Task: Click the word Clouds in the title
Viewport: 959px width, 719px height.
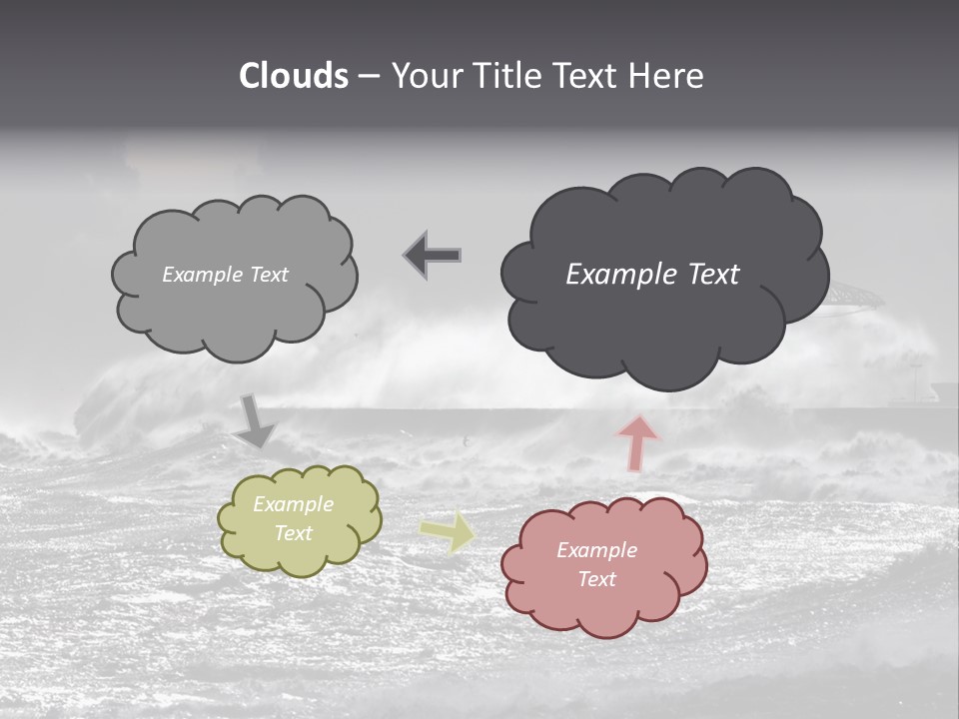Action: [293, 76]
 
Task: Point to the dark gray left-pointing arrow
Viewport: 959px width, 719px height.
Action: [433, 255]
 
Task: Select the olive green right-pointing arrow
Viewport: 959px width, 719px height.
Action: [449, 531]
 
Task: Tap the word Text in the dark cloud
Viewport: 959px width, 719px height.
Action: [713, 275]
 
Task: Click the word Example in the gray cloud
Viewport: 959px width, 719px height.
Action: [201, 275]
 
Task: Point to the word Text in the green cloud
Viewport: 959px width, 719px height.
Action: [294, 533]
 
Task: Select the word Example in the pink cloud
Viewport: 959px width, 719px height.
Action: [596, 550]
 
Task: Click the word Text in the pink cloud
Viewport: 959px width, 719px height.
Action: [597, 579]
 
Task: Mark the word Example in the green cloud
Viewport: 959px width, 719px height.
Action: [293, 504]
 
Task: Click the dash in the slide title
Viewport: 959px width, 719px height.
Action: [368, 77]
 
